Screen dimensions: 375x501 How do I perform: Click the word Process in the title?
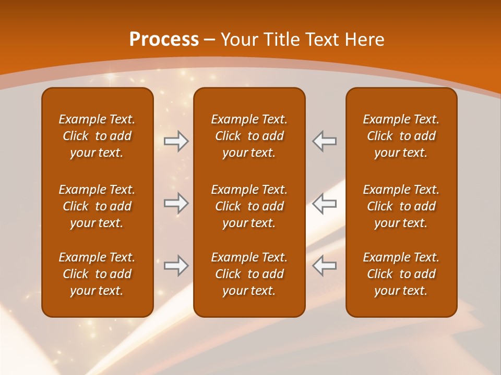coord(164,40)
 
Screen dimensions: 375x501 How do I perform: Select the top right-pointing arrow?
coord(176,141)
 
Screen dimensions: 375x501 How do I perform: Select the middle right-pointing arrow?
coord(176,203)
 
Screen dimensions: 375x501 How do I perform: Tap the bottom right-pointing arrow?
coord(176,266)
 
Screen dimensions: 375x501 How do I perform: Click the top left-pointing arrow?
coord(325,141)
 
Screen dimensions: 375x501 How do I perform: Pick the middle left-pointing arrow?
coord(325,203)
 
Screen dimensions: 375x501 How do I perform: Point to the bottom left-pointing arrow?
coord(325,266)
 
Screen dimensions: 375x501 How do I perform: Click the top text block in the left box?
coord(97,136)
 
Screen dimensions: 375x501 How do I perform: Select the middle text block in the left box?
coord(97,206)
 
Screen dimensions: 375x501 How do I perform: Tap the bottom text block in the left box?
coord(97,274)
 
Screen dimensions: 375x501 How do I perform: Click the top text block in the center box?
coord(249,136)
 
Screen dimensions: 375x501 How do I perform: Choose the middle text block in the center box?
coord(249,206)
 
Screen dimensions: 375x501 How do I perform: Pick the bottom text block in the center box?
coord(249,274)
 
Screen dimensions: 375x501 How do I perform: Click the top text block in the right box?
coord(401,136)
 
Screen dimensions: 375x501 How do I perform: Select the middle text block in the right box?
coord(401,206)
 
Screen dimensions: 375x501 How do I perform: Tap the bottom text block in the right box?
coord(401,274)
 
